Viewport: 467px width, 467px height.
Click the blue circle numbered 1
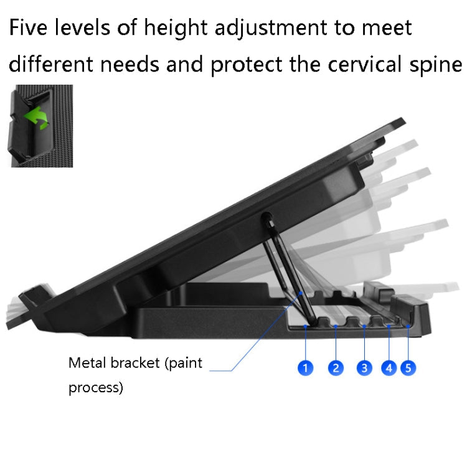[x=305, y=368]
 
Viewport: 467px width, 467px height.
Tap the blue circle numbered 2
[x=336, y=368]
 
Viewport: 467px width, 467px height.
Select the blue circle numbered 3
[x=365, y=368]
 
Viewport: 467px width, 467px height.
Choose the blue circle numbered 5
[x=408, y=368]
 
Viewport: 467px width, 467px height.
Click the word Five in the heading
[x=36, y=27]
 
